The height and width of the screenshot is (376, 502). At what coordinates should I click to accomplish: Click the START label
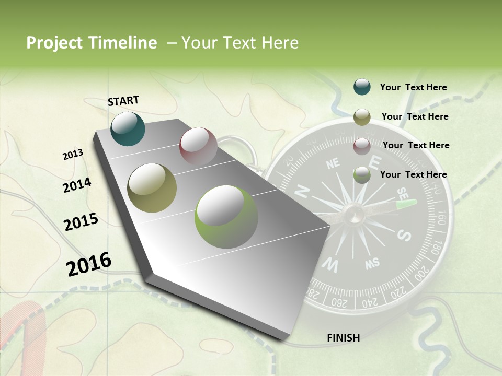click(x=123, y=100)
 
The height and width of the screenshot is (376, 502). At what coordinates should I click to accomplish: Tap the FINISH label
click(x=343, y=338)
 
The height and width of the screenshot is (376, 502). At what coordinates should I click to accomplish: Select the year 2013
click(x=73, y=155)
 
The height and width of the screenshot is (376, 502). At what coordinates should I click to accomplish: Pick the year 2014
click(x=77, y=185)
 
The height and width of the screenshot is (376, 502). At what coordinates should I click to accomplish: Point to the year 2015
click(x=81, y=222)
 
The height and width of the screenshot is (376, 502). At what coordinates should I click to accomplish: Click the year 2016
click(x=89, y=264)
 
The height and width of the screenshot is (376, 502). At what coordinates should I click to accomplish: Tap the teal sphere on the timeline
click(x=128, y=128)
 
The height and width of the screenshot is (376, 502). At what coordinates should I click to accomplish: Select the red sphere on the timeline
click(x=198, y=146)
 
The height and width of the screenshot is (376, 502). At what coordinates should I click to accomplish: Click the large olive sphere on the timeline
click(x=152, y=187)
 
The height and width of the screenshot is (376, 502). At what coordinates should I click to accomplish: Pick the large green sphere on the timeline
click(x=226, y=217)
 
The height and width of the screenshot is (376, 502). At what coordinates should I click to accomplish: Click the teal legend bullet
click(x=362, y=87)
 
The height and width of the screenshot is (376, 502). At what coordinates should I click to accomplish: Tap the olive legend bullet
click(x=362, y=117)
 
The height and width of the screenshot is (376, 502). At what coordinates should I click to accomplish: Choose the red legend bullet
click(x=362, y=146)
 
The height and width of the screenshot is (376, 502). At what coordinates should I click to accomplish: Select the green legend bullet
click(x=362, y=175)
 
